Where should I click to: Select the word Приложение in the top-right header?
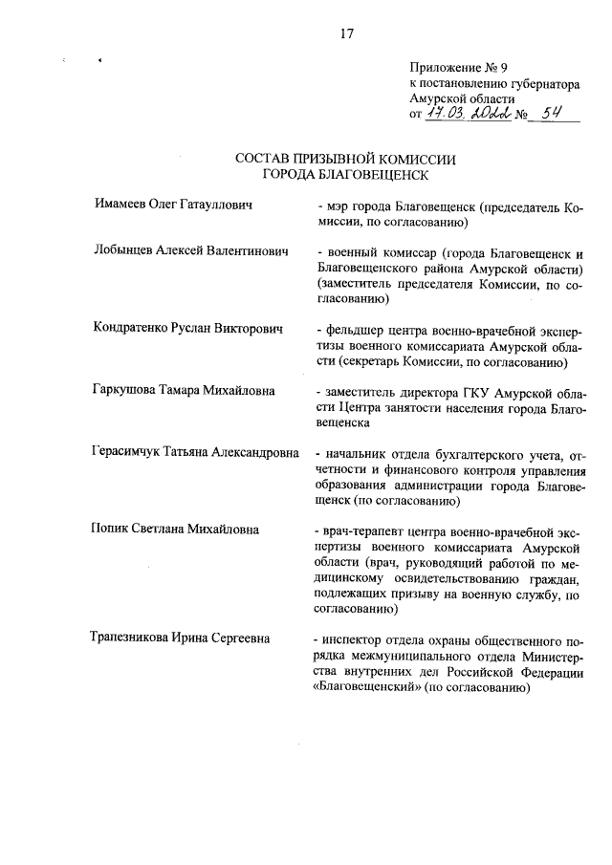443,68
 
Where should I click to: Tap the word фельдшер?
356,329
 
